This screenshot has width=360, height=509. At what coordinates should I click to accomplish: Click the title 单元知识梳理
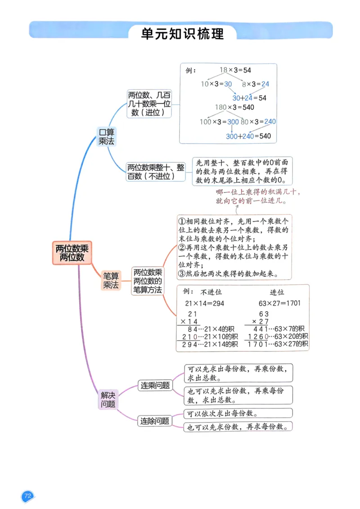pos(182,34)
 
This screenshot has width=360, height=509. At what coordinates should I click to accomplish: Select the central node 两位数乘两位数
pos(72,252)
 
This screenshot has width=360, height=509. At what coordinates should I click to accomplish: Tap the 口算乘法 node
pos(107,136)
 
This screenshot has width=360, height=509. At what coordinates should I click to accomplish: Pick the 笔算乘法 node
pos(111,280)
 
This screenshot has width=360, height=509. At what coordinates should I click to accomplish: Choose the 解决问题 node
pos(108,399)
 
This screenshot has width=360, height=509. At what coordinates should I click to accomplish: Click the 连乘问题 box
pos(155,385)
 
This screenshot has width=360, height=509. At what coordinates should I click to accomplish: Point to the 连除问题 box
pos(155,421)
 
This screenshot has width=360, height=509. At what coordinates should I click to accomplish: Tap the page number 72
pos(27,496)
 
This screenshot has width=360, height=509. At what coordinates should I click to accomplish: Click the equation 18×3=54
pos(235,70)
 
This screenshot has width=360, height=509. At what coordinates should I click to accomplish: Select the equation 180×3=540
pos(234,107)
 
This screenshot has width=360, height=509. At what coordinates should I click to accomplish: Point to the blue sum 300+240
pos(240,136)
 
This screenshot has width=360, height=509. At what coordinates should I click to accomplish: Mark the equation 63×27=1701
pos(279,303)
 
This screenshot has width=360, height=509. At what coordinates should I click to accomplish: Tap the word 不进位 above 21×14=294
pos(211,292)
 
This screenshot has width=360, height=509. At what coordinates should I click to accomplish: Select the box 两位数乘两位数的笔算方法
pos(147,281)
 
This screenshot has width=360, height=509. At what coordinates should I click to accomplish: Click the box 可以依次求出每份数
pos(238,413)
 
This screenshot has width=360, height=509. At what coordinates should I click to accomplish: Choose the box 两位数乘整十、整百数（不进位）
pos(156,172)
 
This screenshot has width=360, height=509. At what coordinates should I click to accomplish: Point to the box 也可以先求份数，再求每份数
pos(238,427)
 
